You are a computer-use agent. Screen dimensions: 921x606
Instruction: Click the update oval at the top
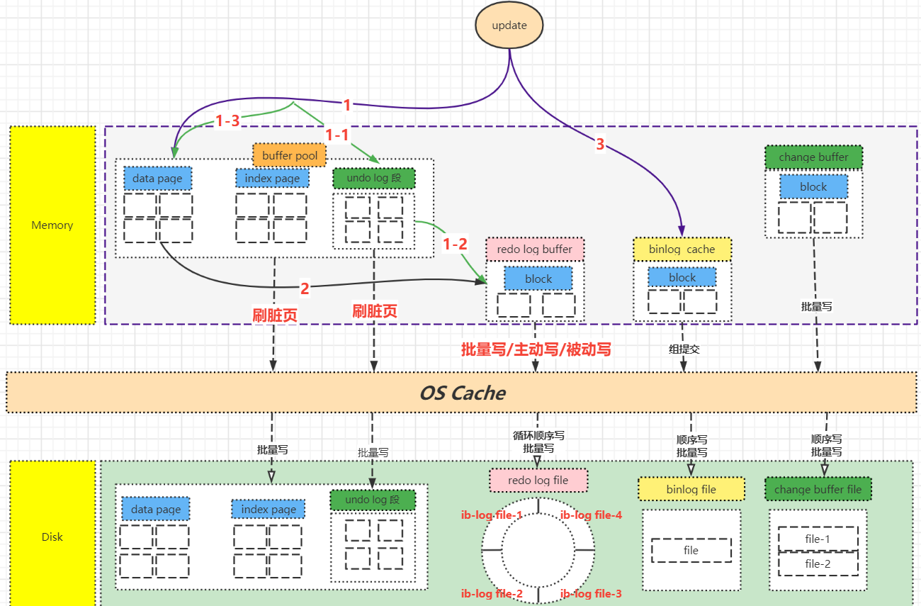tap(509, 25)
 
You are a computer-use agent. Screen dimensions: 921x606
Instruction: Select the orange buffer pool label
tap(290, 155)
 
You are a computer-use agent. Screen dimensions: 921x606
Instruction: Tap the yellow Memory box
tap(52, 225)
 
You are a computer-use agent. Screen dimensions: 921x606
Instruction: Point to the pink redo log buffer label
tap(534, 249)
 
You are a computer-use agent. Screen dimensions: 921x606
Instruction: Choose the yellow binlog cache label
tap(682, 249)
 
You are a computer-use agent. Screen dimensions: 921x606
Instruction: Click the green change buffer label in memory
tap(813, 157)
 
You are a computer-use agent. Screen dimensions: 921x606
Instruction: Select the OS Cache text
tap(463, 393)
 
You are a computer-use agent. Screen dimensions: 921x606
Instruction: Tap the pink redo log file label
tap(538, 480)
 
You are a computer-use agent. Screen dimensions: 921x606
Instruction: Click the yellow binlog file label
tap(691, 489)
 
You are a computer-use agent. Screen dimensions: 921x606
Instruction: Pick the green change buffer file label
tap(818, 489)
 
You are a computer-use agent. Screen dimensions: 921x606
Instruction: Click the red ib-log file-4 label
tap(592, 515)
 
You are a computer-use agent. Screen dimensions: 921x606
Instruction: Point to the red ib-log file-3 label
tap(591, 594)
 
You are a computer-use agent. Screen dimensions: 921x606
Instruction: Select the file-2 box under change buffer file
tap(818, 563)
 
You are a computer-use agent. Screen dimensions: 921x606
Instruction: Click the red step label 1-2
tap(455, 244)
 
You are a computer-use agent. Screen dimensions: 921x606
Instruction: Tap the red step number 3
tap(600, 144)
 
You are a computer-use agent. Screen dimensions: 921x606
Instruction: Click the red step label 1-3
tap(227, 120)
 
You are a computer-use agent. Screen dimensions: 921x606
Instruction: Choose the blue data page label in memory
tap(157, 178)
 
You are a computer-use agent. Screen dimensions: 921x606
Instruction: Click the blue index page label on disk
tap(269, 510)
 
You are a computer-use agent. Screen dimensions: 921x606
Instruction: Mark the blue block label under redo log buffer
tap(538, 279)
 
